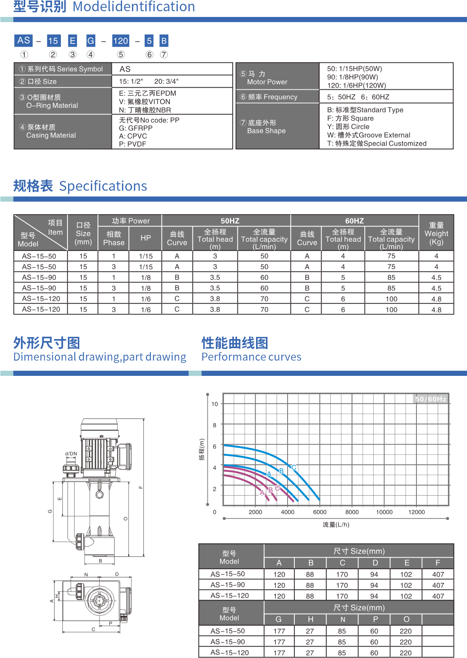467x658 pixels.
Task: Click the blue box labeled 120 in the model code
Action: click(x=121, y=41)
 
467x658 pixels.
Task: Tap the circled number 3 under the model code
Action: click(x=73, y=55)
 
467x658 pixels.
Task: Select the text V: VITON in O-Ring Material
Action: click(x=145, y=102)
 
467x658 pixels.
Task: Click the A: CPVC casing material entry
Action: click(x=133, y=136)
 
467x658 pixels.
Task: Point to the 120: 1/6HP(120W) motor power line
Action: click(x=356, y=85)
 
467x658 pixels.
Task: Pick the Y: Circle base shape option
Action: click(x=348, y=126)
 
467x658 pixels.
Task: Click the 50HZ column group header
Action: click(x=230, y=221)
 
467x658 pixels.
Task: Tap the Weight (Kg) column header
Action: click(x=436, y=234)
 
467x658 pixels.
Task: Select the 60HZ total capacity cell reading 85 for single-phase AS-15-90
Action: click(x=391, y=277)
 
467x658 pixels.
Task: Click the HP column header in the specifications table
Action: click(x=146, y=238)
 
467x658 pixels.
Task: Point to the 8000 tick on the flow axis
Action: click(x=352, y=512)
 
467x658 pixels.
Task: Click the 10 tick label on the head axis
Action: click(x=215, y=404)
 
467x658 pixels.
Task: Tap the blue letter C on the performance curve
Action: click(x=294, y=467)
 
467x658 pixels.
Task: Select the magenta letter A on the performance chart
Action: click(x=262, y=493)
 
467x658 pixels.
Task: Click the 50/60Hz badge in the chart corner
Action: click(x=431, y=399)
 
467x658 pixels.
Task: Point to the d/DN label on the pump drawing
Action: click(x=71, y=454)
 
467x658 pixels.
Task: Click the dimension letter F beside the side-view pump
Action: click(x=141, y=487)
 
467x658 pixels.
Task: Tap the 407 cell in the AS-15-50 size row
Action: click(x=438, y=574)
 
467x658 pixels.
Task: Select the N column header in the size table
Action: click(x=343, y=620)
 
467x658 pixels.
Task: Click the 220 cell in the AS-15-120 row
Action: click(x=406, y=653)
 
